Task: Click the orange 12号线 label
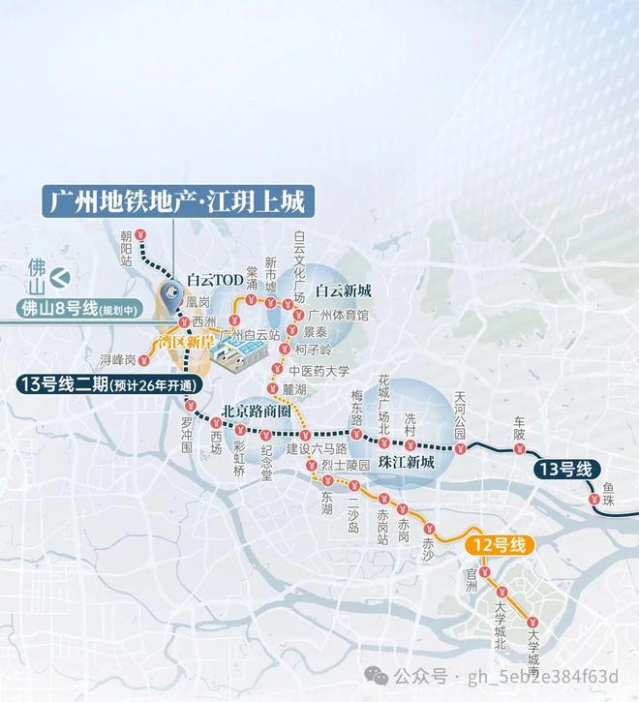point(499,545)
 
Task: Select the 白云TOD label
point(216,279)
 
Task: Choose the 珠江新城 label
point(407,463)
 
